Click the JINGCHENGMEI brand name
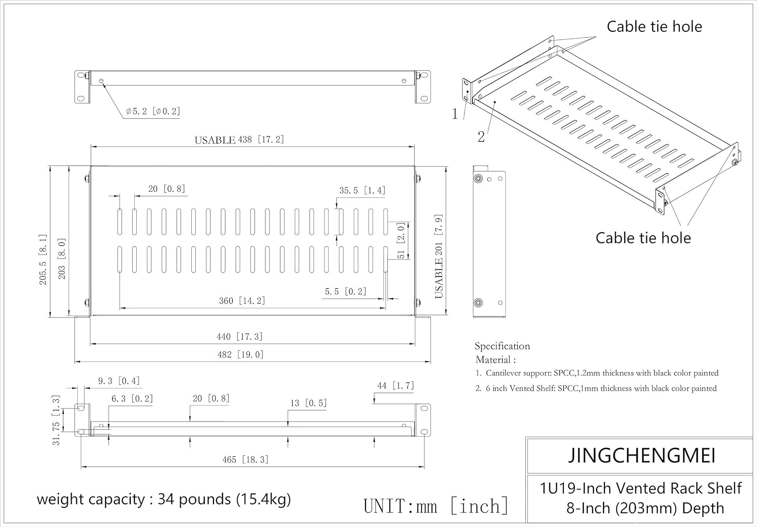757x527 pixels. [x=641, y=455]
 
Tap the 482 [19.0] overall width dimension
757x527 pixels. [x=240, y=354]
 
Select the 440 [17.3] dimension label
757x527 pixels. [x=239, y=337]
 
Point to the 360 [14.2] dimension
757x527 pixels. [x=242, y=301]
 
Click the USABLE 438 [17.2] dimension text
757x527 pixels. [x=239, y=139]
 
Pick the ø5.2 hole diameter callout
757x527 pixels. [x=153, y=111]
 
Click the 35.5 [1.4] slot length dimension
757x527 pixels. [x=362, y=190]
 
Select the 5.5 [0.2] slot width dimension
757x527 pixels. [x=345, y=291]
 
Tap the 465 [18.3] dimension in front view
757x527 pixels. [x=245, y=459]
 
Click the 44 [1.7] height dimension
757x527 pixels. [x=395, y=386]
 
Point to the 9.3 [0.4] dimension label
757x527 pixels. [x=119, y=381]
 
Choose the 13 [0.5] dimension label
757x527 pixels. [x=308, y=403]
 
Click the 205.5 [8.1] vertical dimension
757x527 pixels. [x=43, y=259]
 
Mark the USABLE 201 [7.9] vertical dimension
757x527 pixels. [x=439, y=256]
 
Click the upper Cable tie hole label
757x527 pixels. [x=654, y=26]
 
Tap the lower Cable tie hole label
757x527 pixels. [x=643, y=238]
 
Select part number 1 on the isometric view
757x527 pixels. [x=455, y=114]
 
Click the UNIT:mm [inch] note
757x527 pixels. [x=436, y=506]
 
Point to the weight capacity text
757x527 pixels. [x=164, y=499]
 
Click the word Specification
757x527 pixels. [x=502, y=346]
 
